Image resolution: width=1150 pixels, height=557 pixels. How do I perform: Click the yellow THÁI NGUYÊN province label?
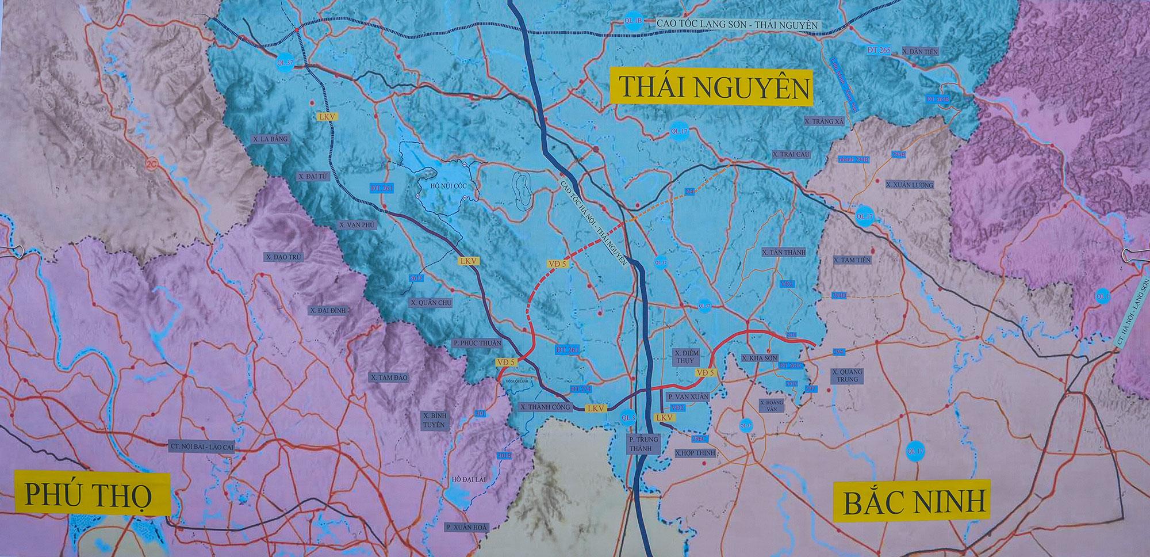[x=711, y=88]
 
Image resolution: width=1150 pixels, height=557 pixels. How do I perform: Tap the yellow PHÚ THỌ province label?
[x=92, y=494]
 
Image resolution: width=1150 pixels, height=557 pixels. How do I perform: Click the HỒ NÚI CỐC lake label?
[x=442, y=186]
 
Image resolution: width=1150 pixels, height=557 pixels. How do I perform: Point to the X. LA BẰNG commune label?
[x=270, y=139]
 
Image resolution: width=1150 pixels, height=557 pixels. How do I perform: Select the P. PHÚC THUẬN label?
[x=477, y=343]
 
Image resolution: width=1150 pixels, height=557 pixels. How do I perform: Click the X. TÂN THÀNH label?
[x=784, y=252]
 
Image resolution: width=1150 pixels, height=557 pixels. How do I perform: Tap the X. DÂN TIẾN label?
[x=920, y=52]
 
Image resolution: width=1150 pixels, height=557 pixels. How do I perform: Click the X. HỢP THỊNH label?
[x=695, y=453]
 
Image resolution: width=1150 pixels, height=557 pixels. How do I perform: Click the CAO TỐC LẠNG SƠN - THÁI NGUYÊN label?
[x=736, y=25]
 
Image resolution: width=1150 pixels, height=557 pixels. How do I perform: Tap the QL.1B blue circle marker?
[x=632, y=21]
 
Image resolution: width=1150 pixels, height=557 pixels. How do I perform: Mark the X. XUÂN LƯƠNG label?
[x=910, y=185]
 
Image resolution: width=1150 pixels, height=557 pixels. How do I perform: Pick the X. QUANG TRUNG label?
[x=847, y=376]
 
